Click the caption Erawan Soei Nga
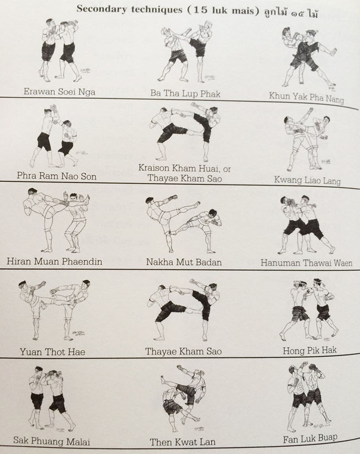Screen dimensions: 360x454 click(59, 91)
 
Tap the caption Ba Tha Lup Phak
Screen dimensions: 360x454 click(185, 93)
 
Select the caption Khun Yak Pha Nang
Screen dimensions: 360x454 click(306, 97)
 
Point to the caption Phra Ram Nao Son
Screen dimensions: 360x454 click(57, 176)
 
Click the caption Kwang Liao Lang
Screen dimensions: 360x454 click(308, 180)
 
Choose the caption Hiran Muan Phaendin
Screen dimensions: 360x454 click(54, 261)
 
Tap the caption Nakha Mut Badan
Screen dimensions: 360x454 click(184, 262)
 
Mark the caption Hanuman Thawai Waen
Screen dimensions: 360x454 click(306, 262)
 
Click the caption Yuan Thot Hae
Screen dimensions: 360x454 click(52, 352)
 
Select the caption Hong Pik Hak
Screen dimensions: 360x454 click(310, 350)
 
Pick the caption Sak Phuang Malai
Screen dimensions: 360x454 click(51, 441)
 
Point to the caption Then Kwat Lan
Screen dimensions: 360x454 click(183, 442)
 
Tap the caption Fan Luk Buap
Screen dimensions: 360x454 click(310, 438)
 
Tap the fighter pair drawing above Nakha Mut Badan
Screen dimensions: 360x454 click(184, 226)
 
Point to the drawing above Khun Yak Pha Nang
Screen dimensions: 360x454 click(309, 58)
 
